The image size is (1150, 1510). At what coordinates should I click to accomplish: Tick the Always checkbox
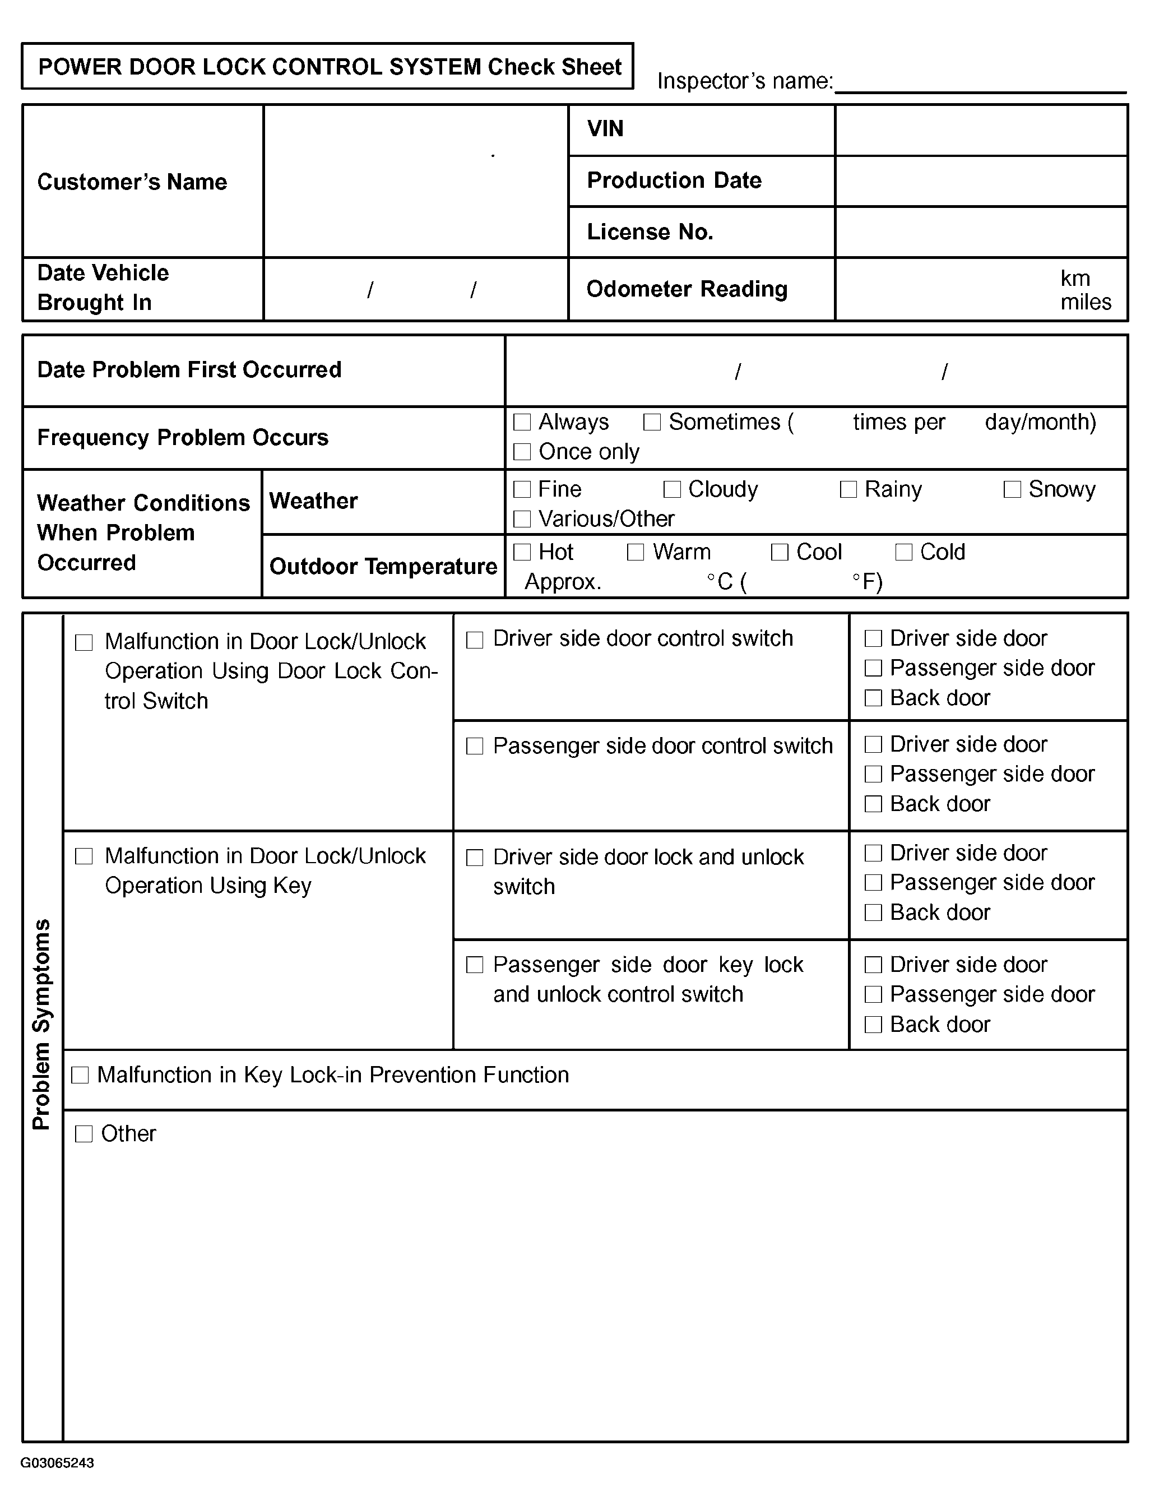click(522, 422)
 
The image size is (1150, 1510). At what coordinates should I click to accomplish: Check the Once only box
click(522, 452)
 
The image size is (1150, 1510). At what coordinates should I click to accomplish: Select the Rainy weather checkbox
click(848, 489)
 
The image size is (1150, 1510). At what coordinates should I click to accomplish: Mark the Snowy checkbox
click(1012, 489)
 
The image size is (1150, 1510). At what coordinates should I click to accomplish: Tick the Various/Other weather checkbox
click(522, 520)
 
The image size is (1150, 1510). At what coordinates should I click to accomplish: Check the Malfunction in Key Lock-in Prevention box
click(80, 1076)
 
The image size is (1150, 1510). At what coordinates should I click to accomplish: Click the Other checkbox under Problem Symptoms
click(84, 1134)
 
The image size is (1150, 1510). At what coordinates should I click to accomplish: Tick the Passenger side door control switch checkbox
click(474, 746)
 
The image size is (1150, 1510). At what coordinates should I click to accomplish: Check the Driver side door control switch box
click(474, 640)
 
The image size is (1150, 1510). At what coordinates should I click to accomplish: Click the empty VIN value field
click(981, 130)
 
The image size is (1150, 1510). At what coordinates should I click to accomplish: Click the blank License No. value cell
click(981, 233)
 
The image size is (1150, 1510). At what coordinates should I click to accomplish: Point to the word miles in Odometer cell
click(1086, 303)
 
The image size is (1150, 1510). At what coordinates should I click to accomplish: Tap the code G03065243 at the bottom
click(58, 1463)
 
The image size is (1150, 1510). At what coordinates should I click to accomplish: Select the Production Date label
click(674, 180)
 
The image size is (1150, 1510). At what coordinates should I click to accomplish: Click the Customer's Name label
click(132, 182)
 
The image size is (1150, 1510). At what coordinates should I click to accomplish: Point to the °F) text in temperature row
click(868, 582)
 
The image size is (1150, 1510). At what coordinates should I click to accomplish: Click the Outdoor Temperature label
click(383, 567)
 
